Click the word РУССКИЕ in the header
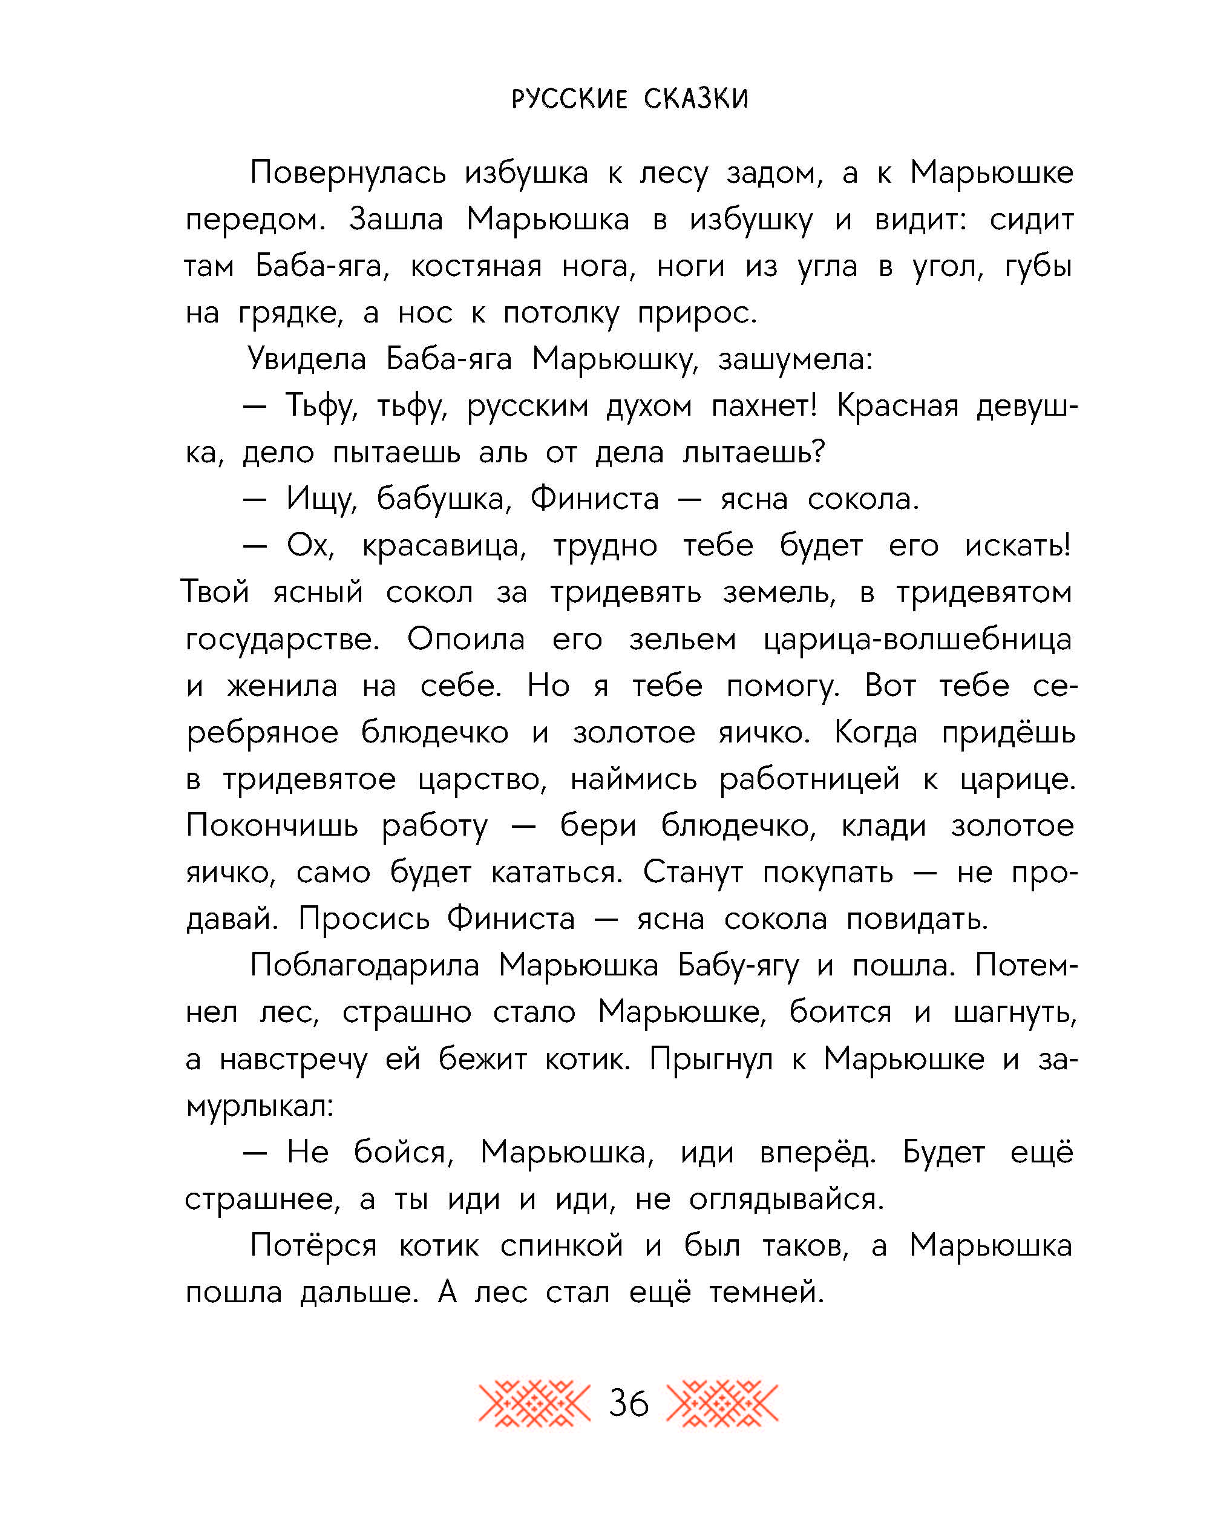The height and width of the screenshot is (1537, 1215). point(569,99)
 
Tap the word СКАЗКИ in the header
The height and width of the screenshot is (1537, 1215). point(696,99)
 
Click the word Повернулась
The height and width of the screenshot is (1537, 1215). point(348,173)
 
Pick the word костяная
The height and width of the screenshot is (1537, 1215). point(476,267)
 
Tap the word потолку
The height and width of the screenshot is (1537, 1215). point(560,313)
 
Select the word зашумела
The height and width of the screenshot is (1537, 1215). point(794,360)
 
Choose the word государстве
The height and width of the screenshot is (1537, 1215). point(282,640)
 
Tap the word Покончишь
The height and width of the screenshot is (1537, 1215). point(272,826)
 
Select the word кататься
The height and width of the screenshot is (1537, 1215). point(556,873)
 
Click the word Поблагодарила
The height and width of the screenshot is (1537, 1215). point(365,966)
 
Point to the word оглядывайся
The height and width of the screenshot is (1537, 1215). point(786,1200)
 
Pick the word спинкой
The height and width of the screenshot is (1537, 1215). point(562,1246)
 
